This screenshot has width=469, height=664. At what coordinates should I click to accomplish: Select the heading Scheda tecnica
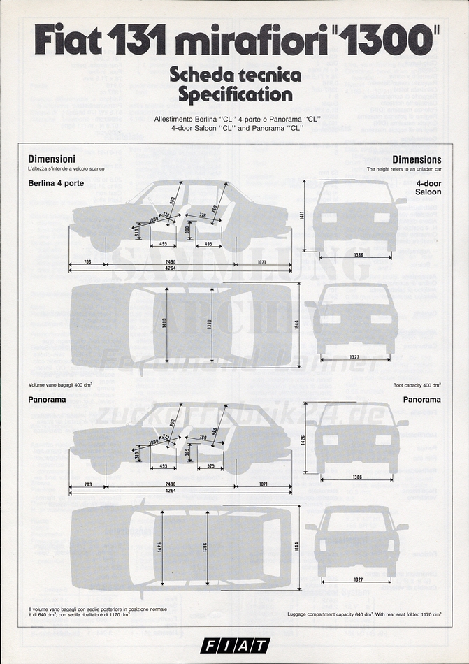pyautogui.click(x=235, y=75)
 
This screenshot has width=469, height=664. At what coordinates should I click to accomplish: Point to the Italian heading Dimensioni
pyautogui.click(x=52, y=159)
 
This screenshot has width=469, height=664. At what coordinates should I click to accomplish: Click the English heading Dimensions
pyautogui.click(x=417, y=159)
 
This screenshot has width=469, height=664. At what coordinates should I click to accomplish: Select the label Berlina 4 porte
pyautogui.click(x=56, y=183)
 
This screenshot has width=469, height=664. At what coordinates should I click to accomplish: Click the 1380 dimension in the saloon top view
pyautogui.click(x=210, y=324)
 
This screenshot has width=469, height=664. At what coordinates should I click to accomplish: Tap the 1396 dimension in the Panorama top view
pyautogui.click(x=205, y=547)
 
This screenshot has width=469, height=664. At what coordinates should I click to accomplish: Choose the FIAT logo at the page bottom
pyautogui.click(x=234, y=646)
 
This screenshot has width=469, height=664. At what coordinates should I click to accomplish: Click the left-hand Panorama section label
pyautogui.click(x=47, y=400)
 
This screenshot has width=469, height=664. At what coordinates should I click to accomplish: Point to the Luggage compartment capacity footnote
pyautogui.click(x=364, y=614)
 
